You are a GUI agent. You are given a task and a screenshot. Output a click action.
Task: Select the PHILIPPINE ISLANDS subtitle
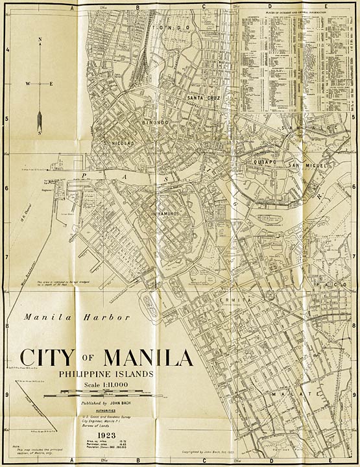[x=104, y=374]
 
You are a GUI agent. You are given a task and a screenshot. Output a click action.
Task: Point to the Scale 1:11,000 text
[x=104, y=385]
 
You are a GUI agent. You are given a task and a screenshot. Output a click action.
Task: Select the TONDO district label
[x=180, y=28]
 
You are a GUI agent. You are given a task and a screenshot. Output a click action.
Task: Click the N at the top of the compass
[x=40, y=40]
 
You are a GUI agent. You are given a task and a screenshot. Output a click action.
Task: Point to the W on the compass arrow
[x=28, y=84]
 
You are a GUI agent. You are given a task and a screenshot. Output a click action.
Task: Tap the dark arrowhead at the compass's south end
[x=40, y=120]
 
